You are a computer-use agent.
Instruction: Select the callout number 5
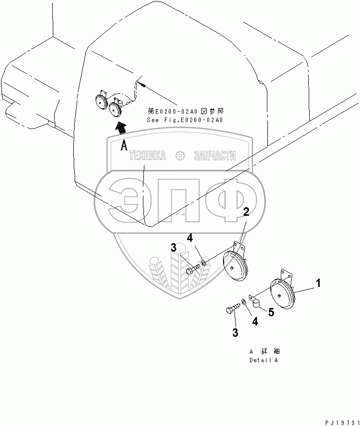(x=271, y=312)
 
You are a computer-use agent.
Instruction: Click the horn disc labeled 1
(x=282, y=296)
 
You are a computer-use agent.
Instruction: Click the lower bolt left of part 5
(x=232, y=309)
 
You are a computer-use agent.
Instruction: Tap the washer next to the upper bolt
(x=204, y=263)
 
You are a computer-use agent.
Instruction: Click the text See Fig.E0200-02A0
(x=184, y=120)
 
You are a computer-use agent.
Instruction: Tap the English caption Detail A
(x=263, y=360)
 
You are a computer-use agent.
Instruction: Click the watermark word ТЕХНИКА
(x=147, y=156)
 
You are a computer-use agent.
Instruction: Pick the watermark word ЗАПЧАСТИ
(x=214, y=156)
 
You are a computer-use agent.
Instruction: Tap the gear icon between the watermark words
(x=180, y=156)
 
